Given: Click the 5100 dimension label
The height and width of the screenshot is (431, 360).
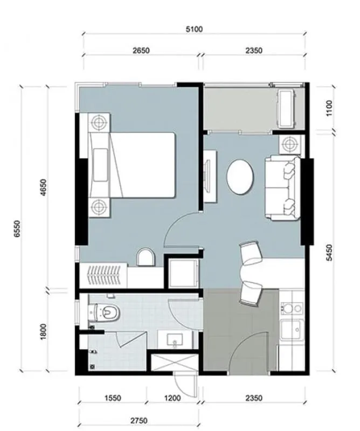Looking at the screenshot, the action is point(194,29).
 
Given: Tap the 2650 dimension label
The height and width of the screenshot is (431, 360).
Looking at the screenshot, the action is point(141,51).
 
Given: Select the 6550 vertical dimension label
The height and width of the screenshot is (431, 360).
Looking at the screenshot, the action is point(17,228).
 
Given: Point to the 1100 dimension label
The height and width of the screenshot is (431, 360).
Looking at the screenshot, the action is point(329,108).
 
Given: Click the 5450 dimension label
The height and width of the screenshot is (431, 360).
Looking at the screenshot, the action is point(329,252).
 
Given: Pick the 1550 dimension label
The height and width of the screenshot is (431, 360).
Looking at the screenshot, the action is point(113,398).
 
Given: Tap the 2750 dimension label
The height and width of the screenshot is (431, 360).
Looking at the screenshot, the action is point(139,421).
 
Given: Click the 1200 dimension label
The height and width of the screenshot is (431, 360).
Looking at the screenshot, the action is point(172,398).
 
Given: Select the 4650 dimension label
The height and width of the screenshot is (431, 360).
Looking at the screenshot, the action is point(44,187).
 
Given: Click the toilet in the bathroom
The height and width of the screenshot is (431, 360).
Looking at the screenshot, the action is point(105,312).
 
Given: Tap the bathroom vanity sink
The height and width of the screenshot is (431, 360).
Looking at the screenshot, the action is point(175,339).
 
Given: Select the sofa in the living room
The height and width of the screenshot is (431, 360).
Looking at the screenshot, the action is point(283,188).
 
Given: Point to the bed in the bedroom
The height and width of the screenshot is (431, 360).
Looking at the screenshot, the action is point(132,165).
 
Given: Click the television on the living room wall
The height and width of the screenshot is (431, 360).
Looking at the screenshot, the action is point(207,177).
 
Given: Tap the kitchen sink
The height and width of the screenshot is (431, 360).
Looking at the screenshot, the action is point(292,330).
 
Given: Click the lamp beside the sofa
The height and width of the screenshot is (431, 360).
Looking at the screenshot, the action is point(290,144).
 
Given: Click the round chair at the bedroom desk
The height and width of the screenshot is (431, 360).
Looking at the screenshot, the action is point(146,258).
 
